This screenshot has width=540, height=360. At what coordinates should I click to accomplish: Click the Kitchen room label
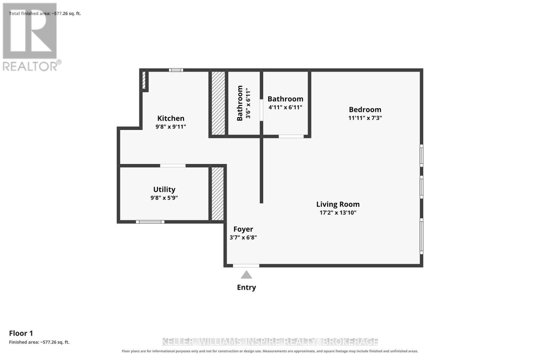coord(171,118)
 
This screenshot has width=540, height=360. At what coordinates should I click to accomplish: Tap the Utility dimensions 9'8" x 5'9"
coord(164,198)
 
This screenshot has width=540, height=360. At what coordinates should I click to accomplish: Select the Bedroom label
coord(365,110)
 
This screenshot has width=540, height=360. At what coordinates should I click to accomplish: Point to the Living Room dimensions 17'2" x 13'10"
coord(338,213)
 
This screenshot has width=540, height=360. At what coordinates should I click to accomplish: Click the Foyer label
coord(243,229)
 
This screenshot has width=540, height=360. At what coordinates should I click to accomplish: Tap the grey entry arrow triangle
coord(246,275)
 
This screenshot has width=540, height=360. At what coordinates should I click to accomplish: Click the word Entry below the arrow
coord(246,287)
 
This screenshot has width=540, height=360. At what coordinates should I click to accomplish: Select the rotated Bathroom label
coord(240,103)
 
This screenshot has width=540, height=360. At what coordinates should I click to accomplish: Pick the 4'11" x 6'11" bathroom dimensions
coord(286,107)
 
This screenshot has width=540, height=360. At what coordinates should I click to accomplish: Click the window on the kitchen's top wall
coord(176,70)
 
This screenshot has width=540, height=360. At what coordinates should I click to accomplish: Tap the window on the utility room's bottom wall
coord(150,222)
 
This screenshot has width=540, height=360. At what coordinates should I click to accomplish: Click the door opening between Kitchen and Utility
coord(173,166)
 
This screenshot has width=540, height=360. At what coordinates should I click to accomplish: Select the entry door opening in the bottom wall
coord(246,266)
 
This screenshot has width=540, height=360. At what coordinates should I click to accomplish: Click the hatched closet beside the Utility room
coord(217,194)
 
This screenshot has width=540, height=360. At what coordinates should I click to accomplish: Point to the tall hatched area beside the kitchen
coord(218,103)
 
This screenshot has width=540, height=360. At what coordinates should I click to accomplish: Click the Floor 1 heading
coord(21,333)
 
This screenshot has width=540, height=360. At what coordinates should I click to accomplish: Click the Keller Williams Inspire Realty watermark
coord(270,342)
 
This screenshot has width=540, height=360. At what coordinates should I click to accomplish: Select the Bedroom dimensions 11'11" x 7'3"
coord(365,118)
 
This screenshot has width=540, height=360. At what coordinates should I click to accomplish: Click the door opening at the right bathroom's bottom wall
coord(291,136)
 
